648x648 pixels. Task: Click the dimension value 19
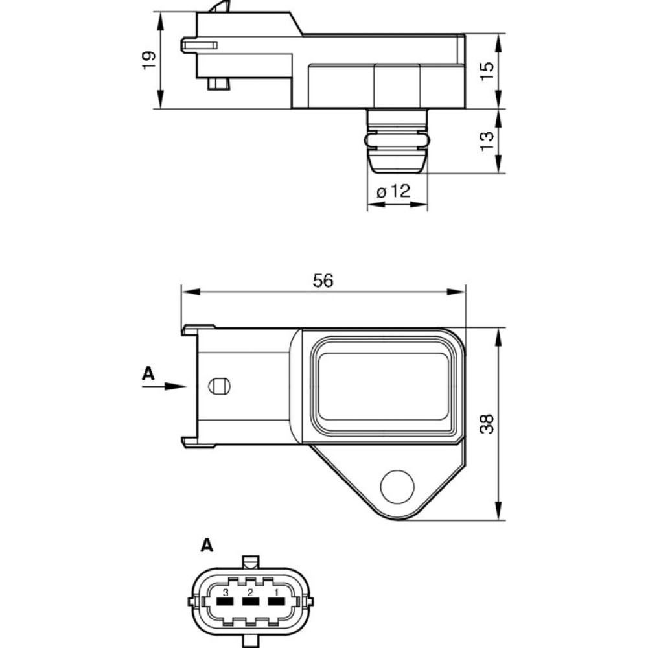click(149, 60)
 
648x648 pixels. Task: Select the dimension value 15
click(487, 67)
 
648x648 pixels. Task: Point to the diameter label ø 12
click(394, 191)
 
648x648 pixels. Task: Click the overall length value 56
click(323, 281)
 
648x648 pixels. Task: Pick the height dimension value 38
click(487, 423)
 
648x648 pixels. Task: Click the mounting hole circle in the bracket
click(397, 485)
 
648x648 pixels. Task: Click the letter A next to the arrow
click(148, 373)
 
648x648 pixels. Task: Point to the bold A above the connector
click(206, 546)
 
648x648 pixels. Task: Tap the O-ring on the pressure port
click(396, 141)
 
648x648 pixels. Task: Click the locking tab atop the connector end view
click(251, 561)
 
